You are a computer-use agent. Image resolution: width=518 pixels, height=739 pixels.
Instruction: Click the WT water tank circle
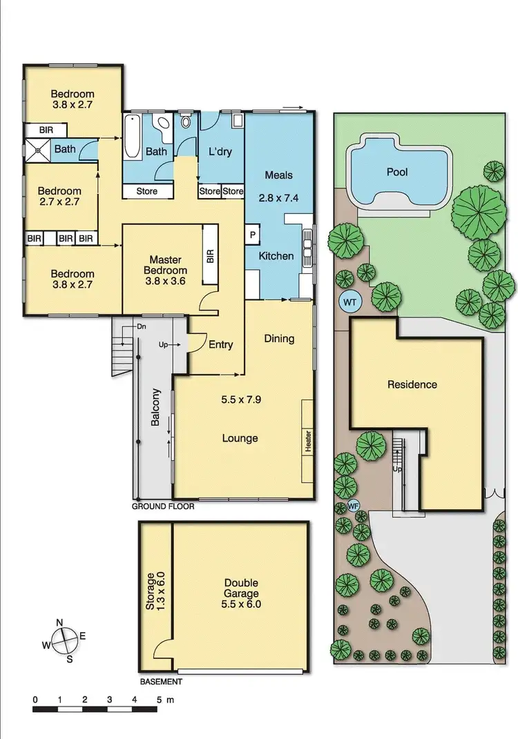[349, 302]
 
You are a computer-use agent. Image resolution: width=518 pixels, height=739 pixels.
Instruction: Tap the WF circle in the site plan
[354, 505]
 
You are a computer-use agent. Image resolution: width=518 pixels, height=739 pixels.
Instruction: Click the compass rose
[64, 640]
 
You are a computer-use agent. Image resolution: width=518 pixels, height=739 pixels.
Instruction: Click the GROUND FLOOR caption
[164, 506]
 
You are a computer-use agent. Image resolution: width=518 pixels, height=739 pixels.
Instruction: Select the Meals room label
[279, 174]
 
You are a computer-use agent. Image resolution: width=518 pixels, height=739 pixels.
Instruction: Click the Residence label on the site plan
[412, 384]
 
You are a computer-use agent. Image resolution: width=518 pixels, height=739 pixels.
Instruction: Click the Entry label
[221, 345]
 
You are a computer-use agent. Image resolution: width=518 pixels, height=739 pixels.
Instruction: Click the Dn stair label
[141, 326]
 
